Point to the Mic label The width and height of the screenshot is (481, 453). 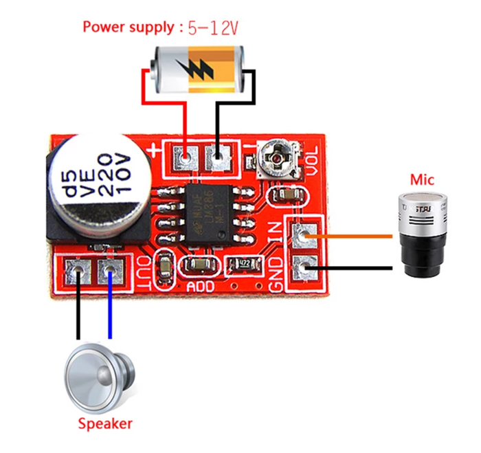[421, 180]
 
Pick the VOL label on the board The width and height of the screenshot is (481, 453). [315, 164]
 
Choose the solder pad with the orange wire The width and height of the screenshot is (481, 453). [303, 235]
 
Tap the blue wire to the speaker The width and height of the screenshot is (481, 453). [109, 309]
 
